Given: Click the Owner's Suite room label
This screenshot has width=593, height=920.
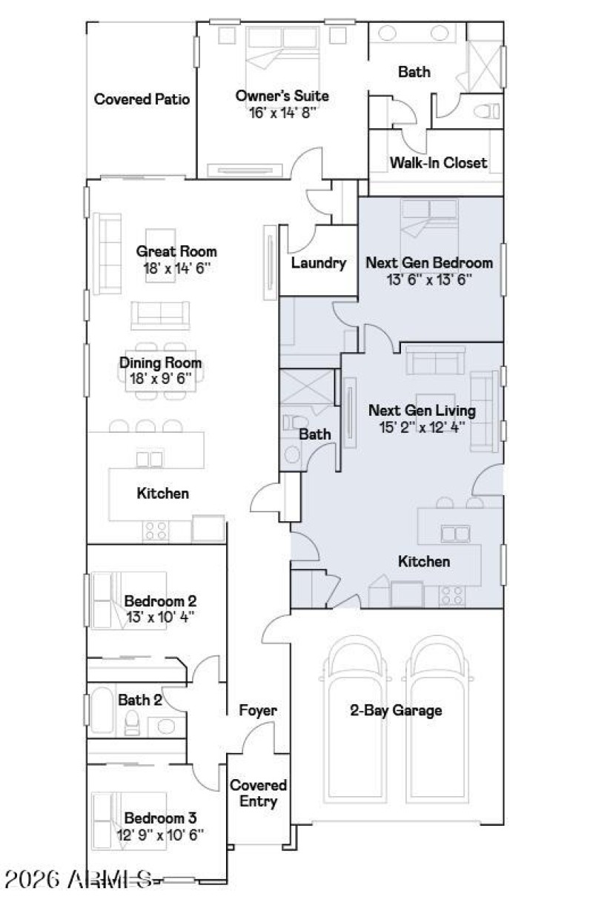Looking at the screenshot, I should [282, 96].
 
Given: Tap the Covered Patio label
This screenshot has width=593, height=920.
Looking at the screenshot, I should [142, 99].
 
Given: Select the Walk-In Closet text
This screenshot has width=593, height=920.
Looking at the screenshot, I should [438, 162].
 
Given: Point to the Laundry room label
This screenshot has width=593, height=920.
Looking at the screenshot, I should [319, 262].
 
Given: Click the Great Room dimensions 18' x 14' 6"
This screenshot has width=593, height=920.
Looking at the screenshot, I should [176, 268].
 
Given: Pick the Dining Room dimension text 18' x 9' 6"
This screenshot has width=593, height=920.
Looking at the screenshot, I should [161, 378].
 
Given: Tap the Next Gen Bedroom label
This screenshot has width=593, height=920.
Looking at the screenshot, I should [429, 262].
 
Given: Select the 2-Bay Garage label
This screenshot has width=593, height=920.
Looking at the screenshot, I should [396, 710].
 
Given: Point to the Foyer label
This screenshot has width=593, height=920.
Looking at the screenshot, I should [258, 710].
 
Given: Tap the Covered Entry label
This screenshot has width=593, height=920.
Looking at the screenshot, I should [258, 792].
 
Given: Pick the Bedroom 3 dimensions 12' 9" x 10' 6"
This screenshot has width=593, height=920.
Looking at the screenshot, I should [160, 834].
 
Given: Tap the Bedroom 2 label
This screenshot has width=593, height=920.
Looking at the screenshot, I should [160, 600].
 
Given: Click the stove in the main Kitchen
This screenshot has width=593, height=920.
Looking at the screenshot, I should [156, 529].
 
